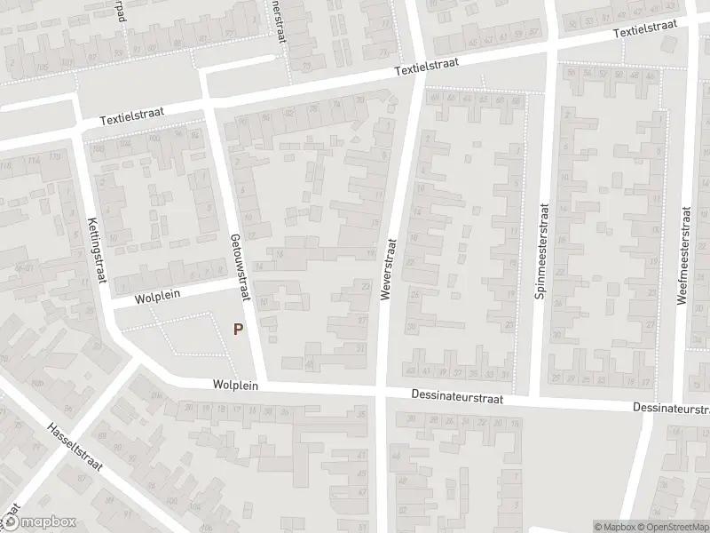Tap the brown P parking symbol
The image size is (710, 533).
[237, 329]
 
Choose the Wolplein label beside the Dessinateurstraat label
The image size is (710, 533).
[234, 386]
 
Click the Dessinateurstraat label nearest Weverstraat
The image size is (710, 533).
[458, 398]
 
